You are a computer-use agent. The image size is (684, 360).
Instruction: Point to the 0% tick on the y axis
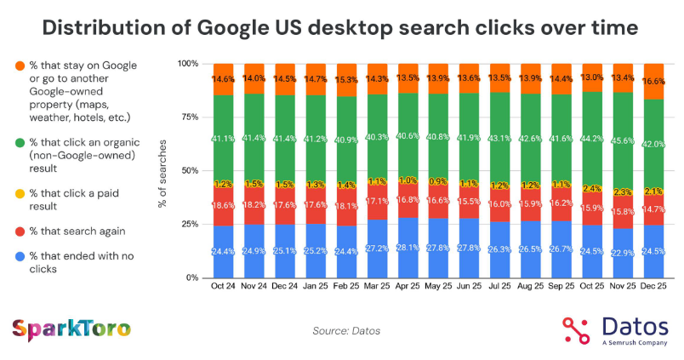[191, 277]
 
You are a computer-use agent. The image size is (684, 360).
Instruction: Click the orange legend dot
[19, 66]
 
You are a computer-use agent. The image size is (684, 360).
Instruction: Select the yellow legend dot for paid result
[19, 194]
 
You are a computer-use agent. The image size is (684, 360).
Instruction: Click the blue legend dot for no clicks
[19, 256]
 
